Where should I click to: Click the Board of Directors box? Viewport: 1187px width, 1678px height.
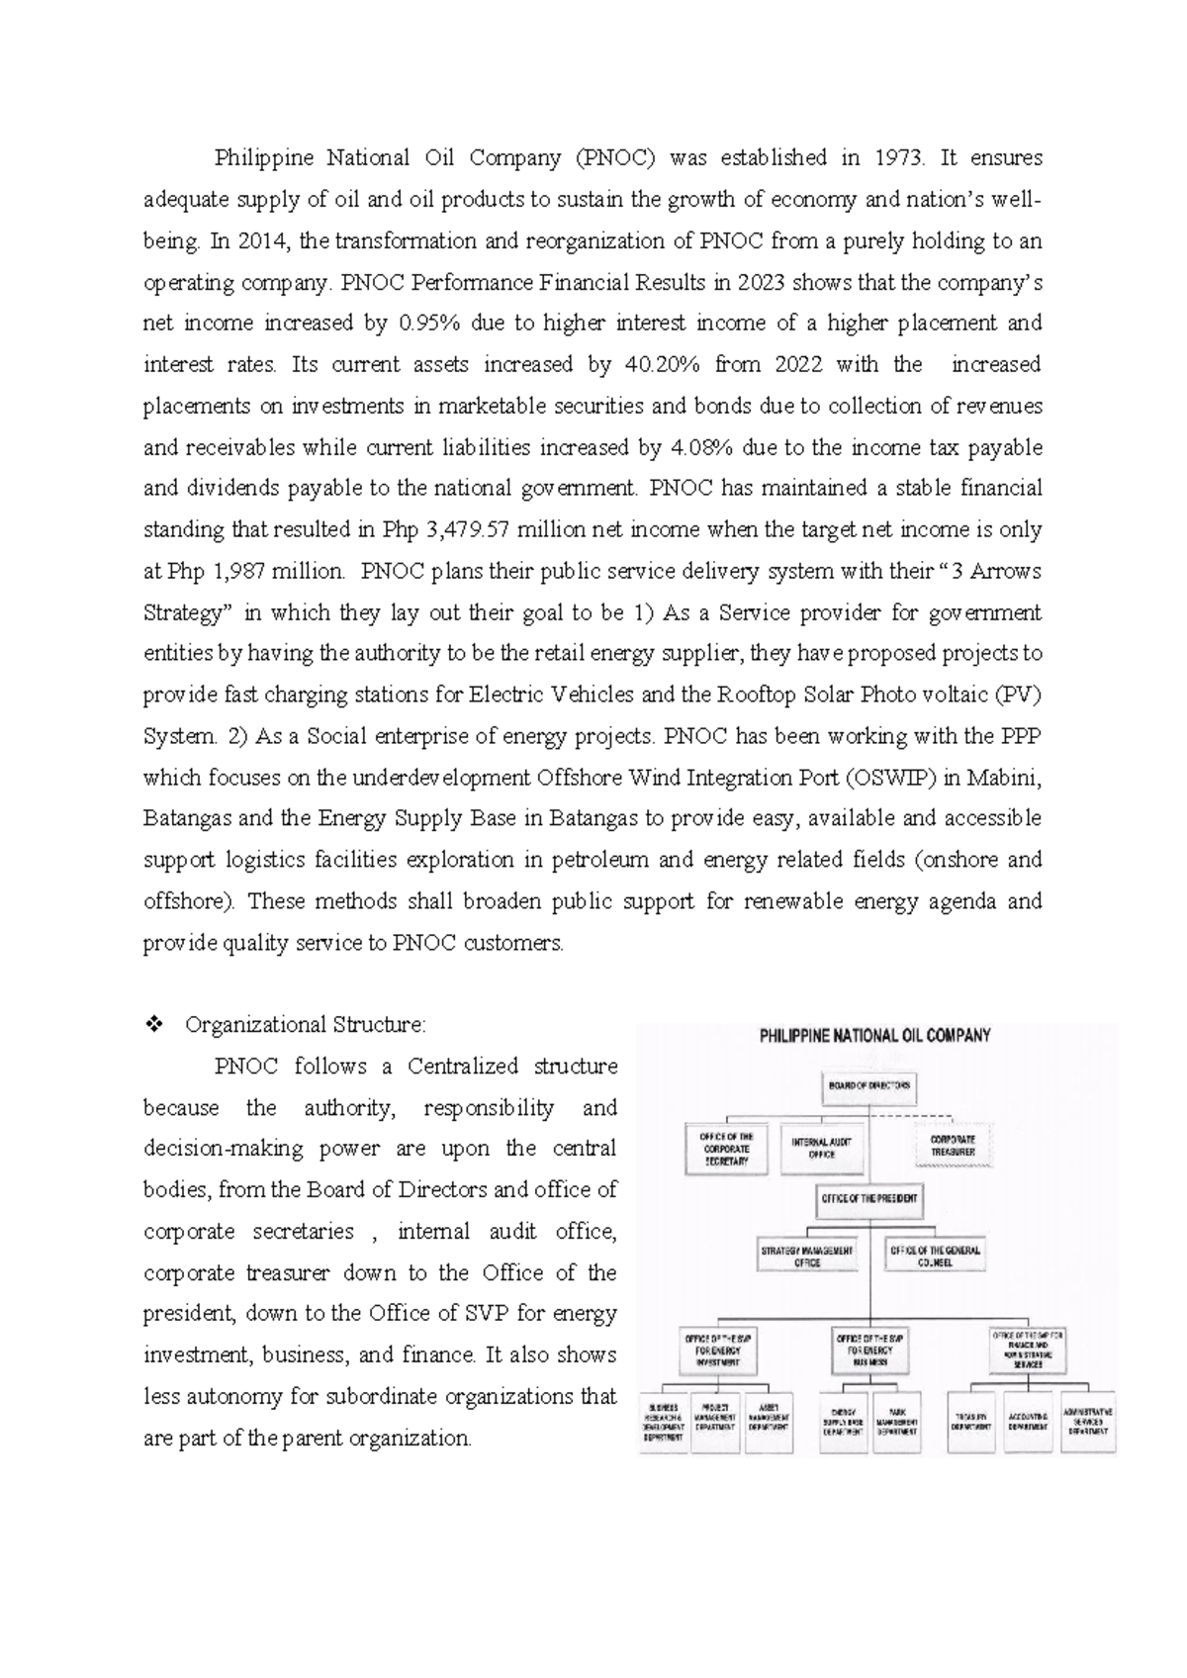(867, 1084)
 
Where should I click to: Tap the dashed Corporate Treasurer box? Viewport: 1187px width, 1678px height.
(952, 1146)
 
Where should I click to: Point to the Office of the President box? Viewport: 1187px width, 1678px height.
(868, 1198)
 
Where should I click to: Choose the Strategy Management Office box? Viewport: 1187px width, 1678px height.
(806, 1256)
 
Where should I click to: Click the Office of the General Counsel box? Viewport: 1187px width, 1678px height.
(934, 1256)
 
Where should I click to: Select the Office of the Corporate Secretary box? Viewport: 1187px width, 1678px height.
(726, 1149)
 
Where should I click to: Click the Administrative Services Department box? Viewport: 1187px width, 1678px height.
(1087, 1422)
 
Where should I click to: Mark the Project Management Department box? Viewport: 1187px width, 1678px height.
(715, 1422)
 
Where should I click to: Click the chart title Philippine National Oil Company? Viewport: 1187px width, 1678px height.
(874, 1036)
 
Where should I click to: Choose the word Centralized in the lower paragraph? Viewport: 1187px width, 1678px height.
(463, 1067)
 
